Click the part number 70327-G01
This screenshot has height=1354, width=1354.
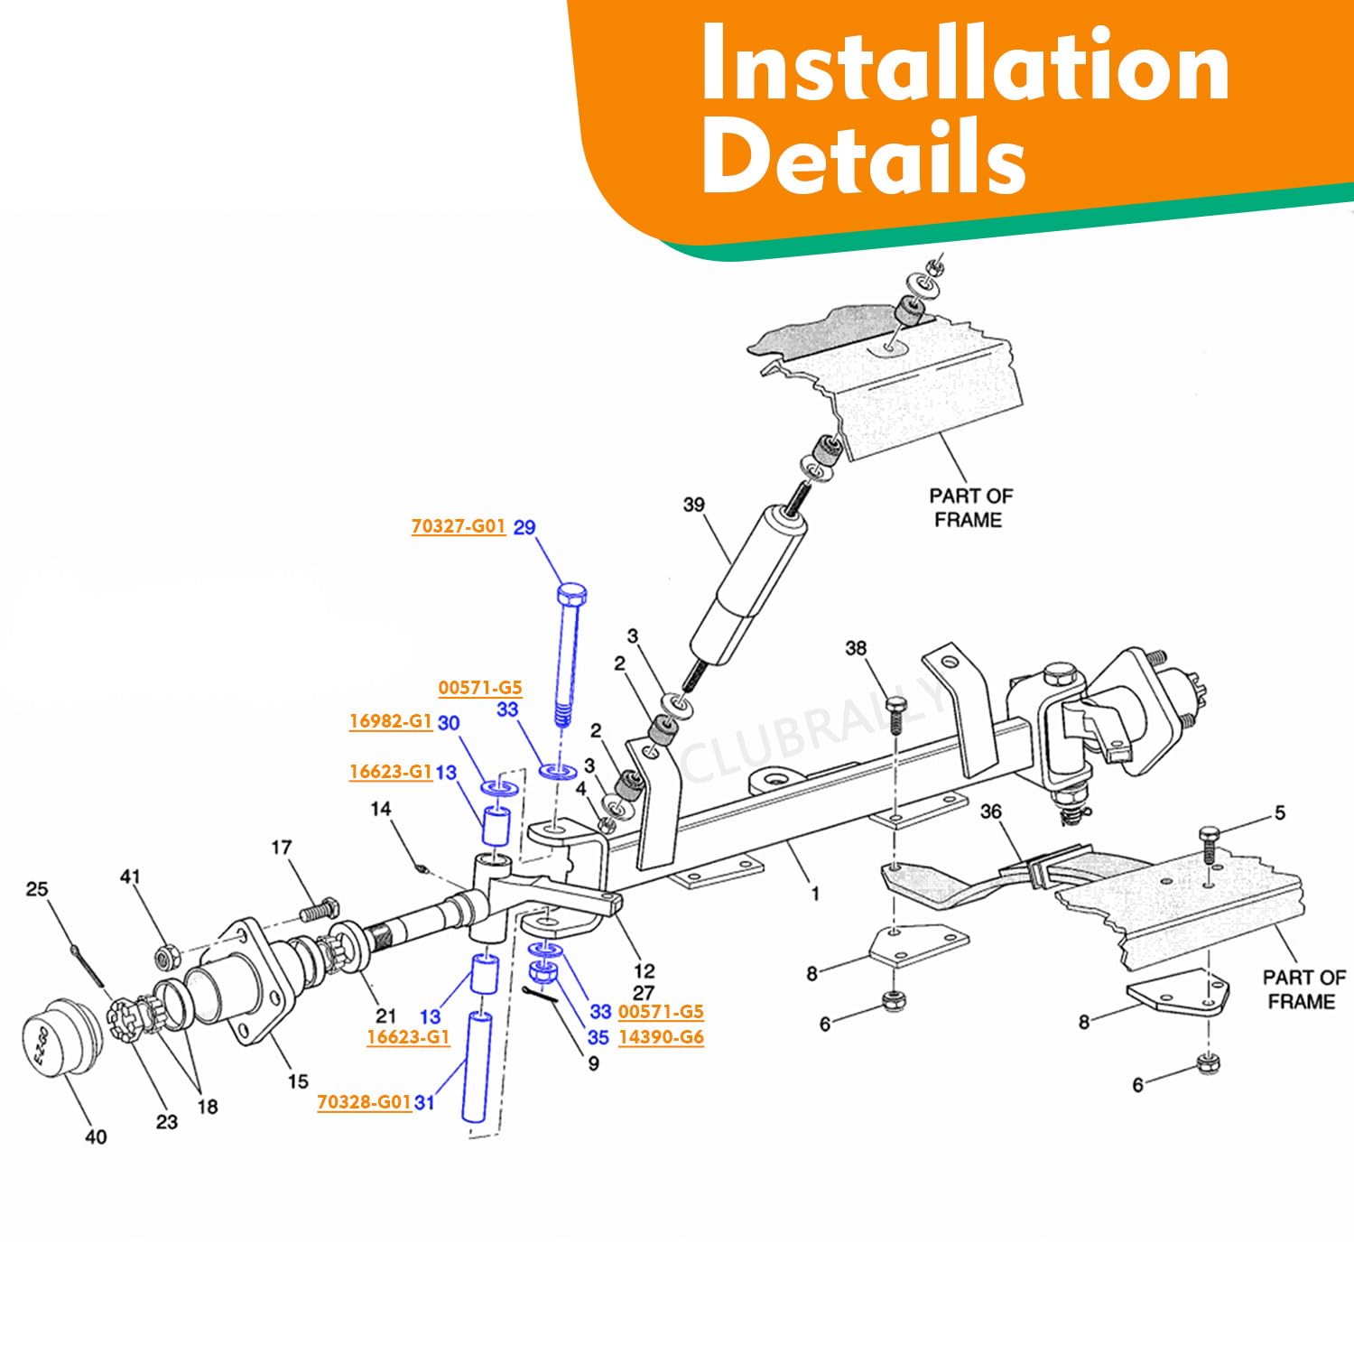click(458, 526)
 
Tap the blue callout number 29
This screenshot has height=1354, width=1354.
click(524, 527)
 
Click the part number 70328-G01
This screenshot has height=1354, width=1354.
click(364, 1102)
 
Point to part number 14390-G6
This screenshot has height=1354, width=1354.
click(661, 1037)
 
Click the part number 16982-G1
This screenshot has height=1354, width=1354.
click(391, 721)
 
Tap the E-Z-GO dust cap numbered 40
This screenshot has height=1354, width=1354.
click(60, 1036)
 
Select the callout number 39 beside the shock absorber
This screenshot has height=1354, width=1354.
click(693, 505)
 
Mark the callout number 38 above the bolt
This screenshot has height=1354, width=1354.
click(856, 648)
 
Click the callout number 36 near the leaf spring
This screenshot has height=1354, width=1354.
click(991, 811)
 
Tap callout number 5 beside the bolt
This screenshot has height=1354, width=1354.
click(1280, 813)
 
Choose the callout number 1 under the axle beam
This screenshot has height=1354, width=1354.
click(815, 894)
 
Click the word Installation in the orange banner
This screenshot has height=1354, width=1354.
click(964, 65)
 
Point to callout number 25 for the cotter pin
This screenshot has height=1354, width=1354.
click(36, 889)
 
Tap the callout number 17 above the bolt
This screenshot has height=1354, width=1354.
click(282, 848)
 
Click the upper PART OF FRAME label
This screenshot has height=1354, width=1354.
click(970, 507)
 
